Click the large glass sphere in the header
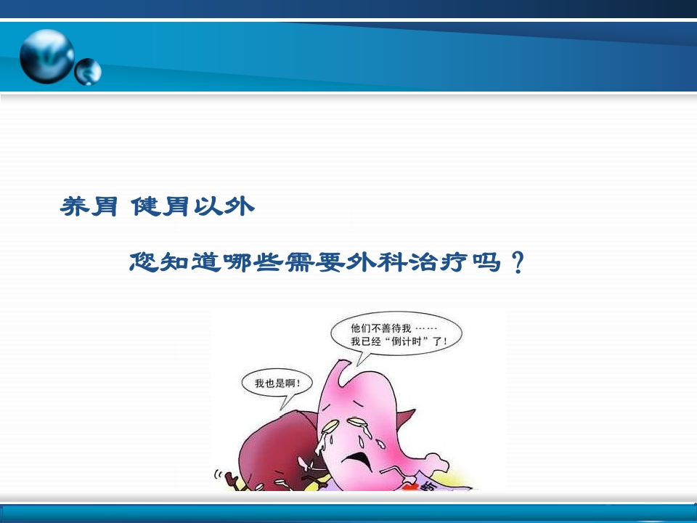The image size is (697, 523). (46, 56)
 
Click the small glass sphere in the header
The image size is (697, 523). (89, 71)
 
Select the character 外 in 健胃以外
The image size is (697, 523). (240, 207)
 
